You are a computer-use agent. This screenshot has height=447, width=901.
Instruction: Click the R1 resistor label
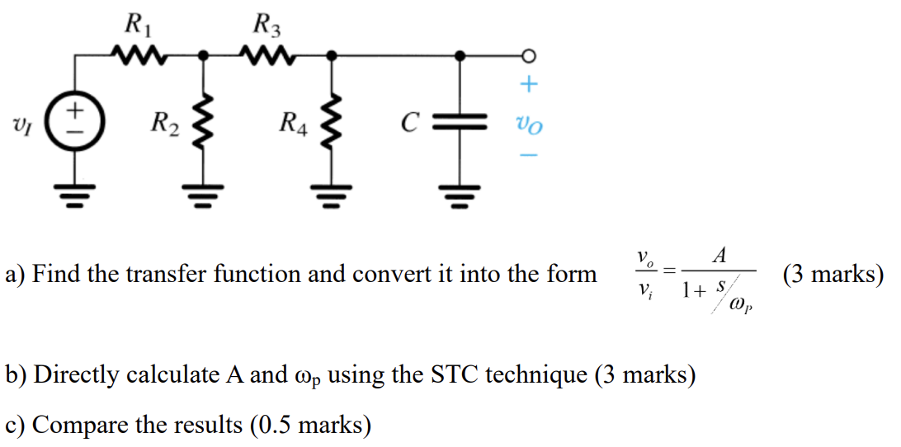pyautogui.click(x=136, y=23)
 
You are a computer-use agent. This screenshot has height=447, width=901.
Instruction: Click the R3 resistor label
pyautogui.click(x=267, y=23)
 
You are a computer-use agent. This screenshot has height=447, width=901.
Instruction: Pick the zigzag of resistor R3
pyautogui.click(x=267, y=56)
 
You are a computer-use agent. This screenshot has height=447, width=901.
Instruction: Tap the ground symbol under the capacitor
pyautogui.click(x=461, y=197)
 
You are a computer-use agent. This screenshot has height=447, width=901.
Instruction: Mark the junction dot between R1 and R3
pyautogui.click(x=201, y=56)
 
